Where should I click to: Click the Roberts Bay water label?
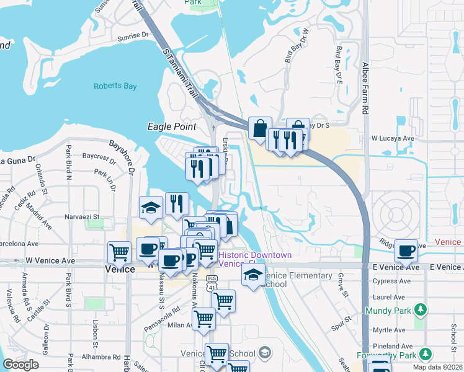point(115,86)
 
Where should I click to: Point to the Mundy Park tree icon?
point(421,309)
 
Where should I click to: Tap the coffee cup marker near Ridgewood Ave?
point(406,250)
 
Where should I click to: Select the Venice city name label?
point(120,270)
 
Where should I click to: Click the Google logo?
point(20,365)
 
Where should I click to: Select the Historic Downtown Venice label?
point(256,260)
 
